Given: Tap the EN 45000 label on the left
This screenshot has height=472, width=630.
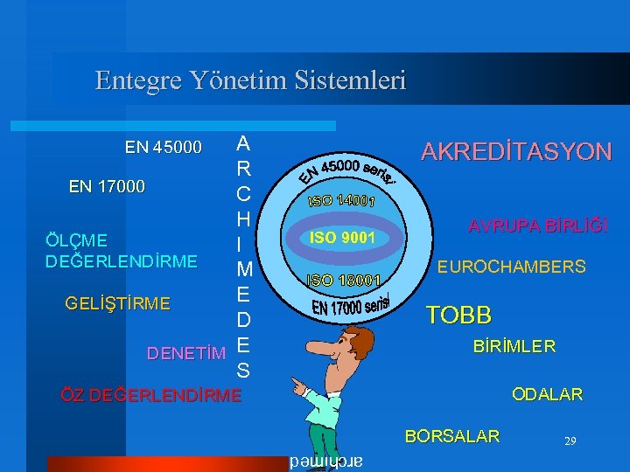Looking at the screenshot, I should point(164,146).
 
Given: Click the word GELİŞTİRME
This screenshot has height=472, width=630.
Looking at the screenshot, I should point(118,303).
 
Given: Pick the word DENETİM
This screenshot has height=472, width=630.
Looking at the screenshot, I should point(185,354).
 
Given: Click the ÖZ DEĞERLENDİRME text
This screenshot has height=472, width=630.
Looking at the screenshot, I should point(150,394).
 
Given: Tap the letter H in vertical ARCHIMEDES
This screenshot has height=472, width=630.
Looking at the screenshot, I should point(244,217).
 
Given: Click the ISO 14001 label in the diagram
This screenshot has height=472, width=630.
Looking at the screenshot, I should point(341,200).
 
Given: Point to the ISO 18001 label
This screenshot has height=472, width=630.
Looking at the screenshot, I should point(343,281).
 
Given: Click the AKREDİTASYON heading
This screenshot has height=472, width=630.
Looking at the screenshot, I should point(516,152).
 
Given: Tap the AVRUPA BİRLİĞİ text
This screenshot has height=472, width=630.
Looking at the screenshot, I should point(537,226).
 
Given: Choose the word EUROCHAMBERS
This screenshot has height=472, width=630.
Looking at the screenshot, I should point(512,266).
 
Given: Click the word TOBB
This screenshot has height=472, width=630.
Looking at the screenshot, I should point(458,315).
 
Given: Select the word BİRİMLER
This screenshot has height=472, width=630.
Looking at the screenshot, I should point(514,346).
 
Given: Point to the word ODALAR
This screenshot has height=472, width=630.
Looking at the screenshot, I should point(547,394).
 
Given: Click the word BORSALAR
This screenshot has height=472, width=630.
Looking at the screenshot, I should point(452,436).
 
